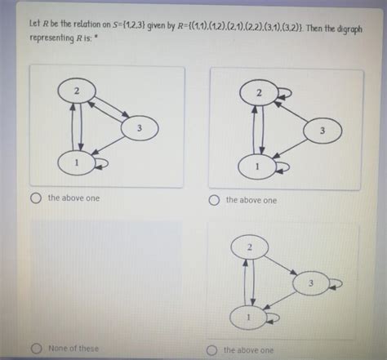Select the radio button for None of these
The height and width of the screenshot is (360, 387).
tap(36, 349)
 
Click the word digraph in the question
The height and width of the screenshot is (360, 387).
tap(349, 29)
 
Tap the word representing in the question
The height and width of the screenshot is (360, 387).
tap(51, 38)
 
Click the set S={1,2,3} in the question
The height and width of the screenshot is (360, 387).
tap(129, 25)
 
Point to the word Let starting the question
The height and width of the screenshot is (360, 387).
tap(34, 24)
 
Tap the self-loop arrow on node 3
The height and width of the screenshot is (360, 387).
tap(336, 283)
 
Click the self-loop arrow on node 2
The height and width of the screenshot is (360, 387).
tap(285, 93)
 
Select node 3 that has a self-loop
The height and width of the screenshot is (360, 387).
tap(310, 283)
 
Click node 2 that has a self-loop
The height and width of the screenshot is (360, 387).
tap(259, 93)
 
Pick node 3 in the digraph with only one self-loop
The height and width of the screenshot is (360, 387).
tap(140, 128)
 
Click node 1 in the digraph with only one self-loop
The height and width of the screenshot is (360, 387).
tap(77, 163)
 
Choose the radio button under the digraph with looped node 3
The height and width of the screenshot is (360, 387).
tap(211, 350)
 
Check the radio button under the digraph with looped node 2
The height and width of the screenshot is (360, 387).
tap(214, 200)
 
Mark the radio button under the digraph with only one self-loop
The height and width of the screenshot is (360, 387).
tap(36, 198)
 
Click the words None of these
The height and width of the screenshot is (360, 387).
tap(73, 349)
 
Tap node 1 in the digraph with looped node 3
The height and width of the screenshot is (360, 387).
tap(248, 318)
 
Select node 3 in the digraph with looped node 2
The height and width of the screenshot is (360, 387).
tap(322, 131)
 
